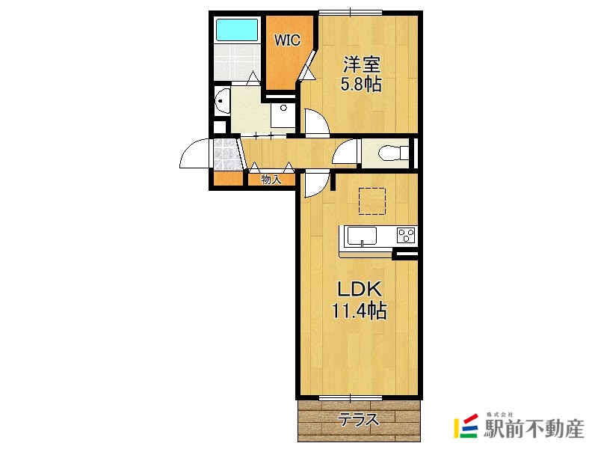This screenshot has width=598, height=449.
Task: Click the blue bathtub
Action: coord(237,29)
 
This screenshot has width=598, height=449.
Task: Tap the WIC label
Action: coord(288,40)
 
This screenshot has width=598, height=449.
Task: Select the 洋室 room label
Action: coord(362,64)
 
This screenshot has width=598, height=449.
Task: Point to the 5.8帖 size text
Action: coord(361,84)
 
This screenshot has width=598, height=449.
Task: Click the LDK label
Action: coord(360,290)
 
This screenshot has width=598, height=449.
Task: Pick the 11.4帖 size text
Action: coord(360,311)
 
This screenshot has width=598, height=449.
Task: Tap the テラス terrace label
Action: coord(359,420)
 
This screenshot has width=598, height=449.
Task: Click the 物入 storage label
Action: coord(271,179)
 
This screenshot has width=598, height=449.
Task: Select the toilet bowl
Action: coord(393,153)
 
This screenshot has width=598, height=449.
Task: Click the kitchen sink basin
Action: coord(362,236)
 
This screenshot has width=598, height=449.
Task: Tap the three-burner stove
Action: coord(406,235)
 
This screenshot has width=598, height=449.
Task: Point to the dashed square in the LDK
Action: coord(372,201)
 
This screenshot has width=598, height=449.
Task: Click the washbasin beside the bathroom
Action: coord(223,101)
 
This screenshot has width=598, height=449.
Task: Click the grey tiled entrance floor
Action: coord(227,154)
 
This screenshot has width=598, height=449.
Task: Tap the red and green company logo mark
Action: coord(466,426)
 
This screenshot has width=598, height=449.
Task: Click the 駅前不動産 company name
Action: coord(534,429)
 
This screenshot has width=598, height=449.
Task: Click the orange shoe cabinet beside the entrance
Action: coord(228,179)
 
